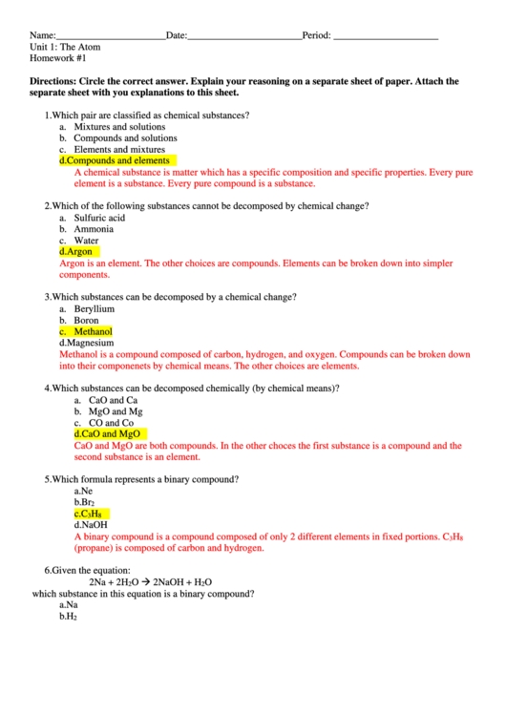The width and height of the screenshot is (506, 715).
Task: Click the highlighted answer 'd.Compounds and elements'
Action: (x=115, y=161)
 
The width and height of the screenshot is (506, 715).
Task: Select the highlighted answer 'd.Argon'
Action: (x=76, y=252)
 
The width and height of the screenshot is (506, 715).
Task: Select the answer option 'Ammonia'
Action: (x=94, y=229)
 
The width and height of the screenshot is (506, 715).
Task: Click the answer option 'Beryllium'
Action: (x=94, y=309)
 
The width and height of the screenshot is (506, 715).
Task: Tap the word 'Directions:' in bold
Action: (x=53, y=82)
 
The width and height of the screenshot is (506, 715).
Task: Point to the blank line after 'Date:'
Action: (x=243, y=36)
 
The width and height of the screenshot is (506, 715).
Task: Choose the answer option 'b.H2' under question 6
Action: (x=68, y=617)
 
